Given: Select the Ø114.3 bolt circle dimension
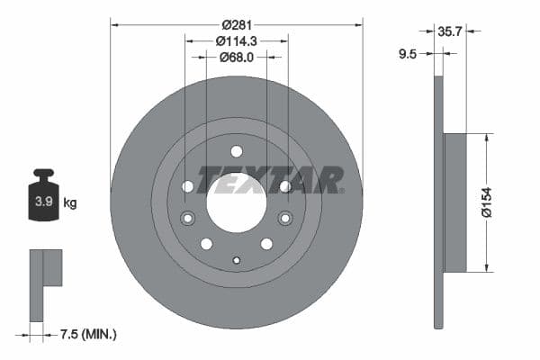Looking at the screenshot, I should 236,40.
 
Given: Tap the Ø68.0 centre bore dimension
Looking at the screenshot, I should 236,57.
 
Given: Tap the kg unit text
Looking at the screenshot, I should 69,203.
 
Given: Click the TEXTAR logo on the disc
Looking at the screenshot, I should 271,180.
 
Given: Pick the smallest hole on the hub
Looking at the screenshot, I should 237,261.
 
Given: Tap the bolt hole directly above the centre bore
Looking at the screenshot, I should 237,151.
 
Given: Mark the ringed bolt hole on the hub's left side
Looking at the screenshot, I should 188,218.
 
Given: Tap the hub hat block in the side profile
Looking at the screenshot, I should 455,202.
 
